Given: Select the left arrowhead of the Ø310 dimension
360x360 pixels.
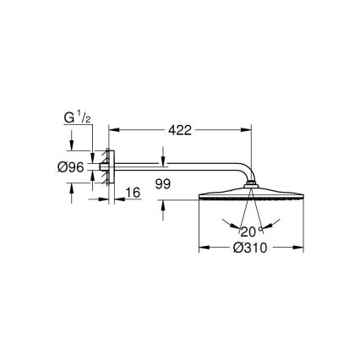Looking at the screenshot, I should [202, 248].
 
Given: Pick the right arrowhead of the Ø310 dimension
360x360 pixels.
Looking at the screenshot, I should [298, 248].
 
